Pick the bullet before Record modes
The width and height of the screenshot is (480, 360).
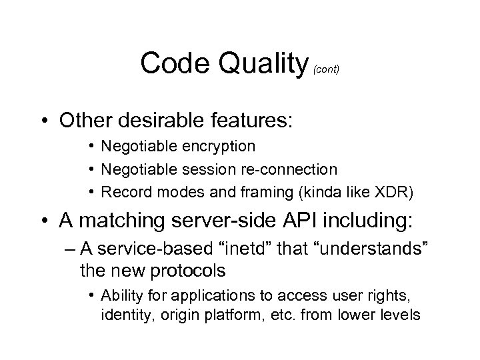(91, 193)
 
